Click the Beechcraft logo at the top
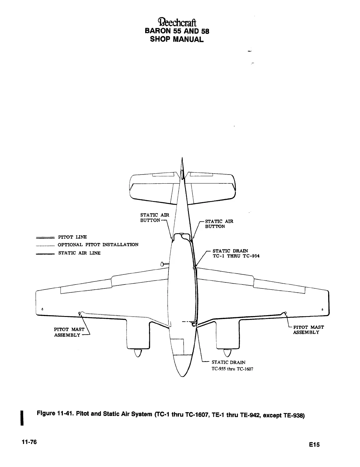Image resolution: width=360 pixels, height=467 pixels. [178, 22]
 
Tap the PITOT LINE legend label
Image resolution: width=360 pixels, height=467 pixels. [72, 237]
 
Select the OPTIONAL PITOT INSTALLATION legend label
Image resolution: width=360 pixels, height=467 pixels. [98, 245]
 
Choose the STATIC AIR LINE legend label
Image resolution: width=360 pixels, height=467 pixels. [79, 253]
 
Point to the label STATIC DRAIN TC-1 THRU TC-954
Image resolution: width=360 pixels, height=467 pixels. [236, 254]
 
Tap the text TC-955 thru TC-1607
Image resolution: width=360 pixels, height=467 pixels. [233, 369]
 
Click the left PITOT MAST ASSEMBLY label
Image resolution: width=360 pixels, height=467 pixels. [69, 332]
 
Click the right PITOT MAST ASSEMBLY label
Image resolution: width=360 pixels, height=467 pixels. [308, 330]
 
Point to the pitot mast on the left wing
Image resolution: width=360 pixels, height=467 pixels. [79, 313]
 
